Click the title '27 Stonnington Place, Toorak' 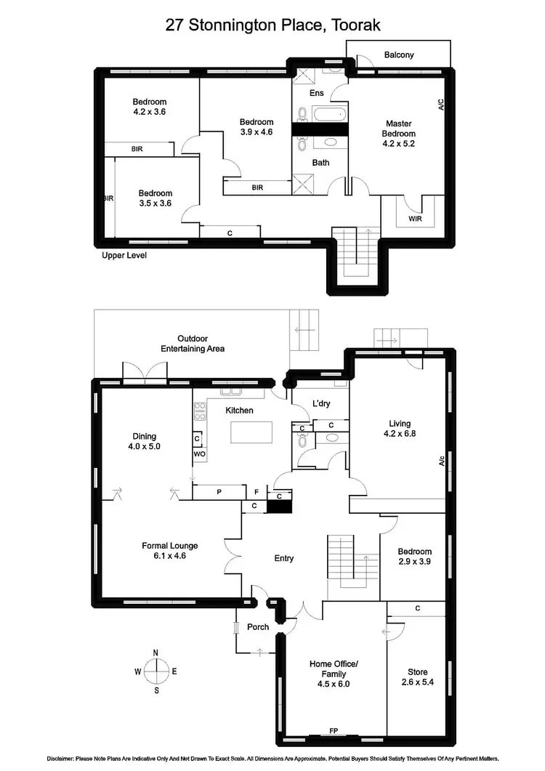tap(272, 25)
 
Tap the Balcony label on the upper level tap(399, 55)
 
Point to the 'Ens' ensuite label tap(317, 93)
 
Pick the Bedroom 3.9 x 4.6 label tap(257, 127)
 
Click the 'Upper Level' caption tap(124, 256)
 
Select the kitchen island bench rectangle tap(251, 432)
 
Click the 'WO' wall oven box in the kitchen tap(199, 454)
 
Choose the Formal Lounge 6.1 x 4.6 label tap(169, 551)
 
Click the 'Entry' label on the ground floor tap(283, 558)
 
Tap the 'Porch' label tap(258, 627)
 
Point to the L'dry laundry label tap(322, 403)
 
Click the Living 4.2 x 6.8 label tap(400, 429)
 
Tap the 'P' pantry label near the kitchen tap(218, 492)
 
